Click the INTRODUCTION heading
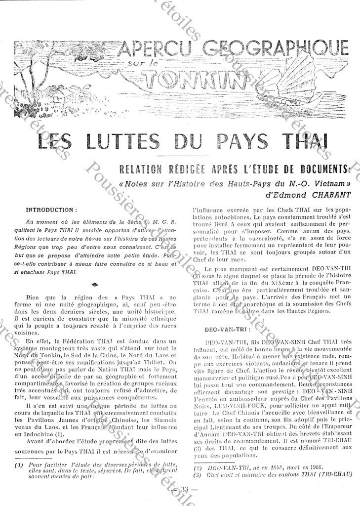51,210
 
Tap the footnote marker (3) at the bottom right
196,475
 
